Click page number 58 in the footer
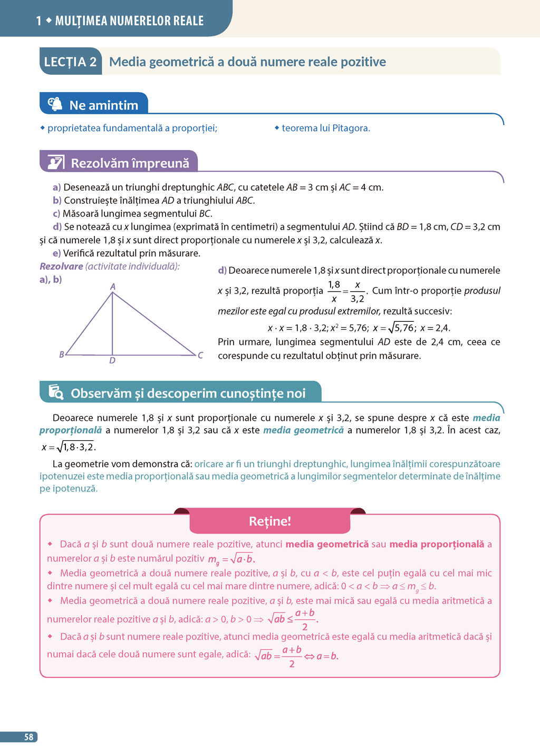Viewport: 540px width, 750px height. pos(28,737)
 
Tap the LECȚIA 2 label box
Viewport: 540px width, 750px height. pos(70,62)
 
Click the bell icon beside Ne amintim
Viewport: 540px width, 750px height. pos(55,104)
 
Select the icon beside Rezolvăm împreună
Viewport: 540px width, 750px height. pos(55,162)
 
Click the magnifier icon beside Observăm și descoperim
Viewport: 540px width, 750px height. pos(56,392)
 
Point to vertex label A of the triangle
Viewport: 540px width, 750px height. pos(113,287)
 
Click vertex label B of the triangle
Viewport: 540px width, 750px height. pos(62,354)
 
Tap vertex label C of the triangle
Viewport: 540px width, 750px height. pos(200,356)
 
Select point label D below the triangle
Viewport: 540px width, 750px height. pos(112,361)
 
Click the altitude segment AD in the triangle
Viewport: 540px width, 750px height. pos(112,324)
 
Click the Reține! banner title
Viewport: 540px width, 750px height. pos(269,521)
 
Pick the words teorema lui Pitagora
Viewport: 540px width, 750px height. pos(325,128)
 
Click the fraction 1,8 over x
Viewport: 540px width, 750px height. pos(334,291)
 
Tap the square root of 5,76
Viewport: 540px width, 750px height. pos(401,328)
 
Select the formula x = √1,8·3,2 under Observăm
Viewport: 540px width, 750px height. pos(69,447)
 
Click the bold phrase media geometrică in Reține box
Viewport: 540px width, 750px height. pos(327,544)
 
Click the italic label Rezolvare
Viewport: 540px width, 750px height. pos(61,267)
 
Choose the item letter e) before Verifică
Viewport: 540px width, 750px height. pos(56,253)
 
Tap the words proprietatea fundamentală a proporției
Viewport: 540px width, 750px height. pos(132,128)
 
